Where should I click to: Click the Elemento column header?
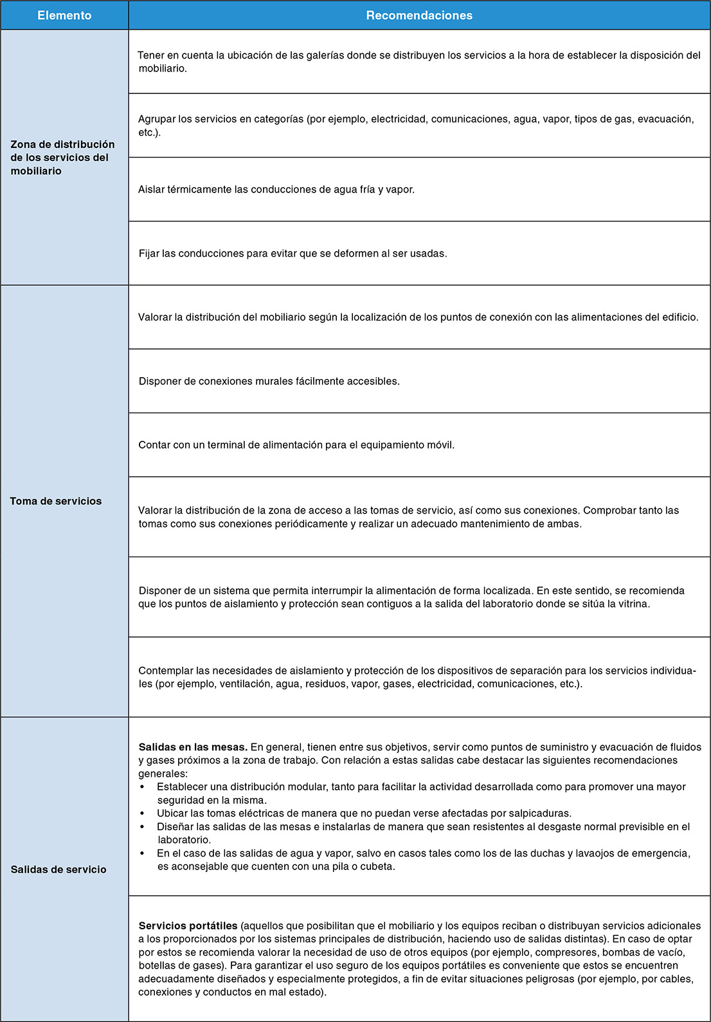click(64, 15)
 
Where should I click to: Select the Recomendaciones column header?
click(419, 15)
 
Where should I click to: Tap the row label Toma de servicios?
click(56, 501)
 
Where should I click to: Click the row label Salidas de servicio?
click(59, 869)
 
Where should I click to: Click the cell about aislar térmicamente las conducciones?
click(276, 190)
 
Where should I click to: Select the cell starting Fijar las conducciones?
click(292, 254)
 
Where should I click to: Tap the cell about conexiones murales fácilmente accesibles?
click(269, 382)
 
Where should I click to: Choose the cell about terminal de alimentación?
click(296, 445)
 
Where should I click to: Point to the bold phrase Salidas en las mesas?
click(193, 747)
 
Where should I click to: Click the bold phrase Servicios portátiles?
click(188, 926)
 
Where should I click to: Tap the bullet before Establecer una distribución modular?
click(142, 787)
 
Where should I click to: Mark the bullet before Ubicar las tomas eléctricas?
click(142, 813)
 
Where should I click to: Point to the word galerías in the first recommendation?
click(325, 55)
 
